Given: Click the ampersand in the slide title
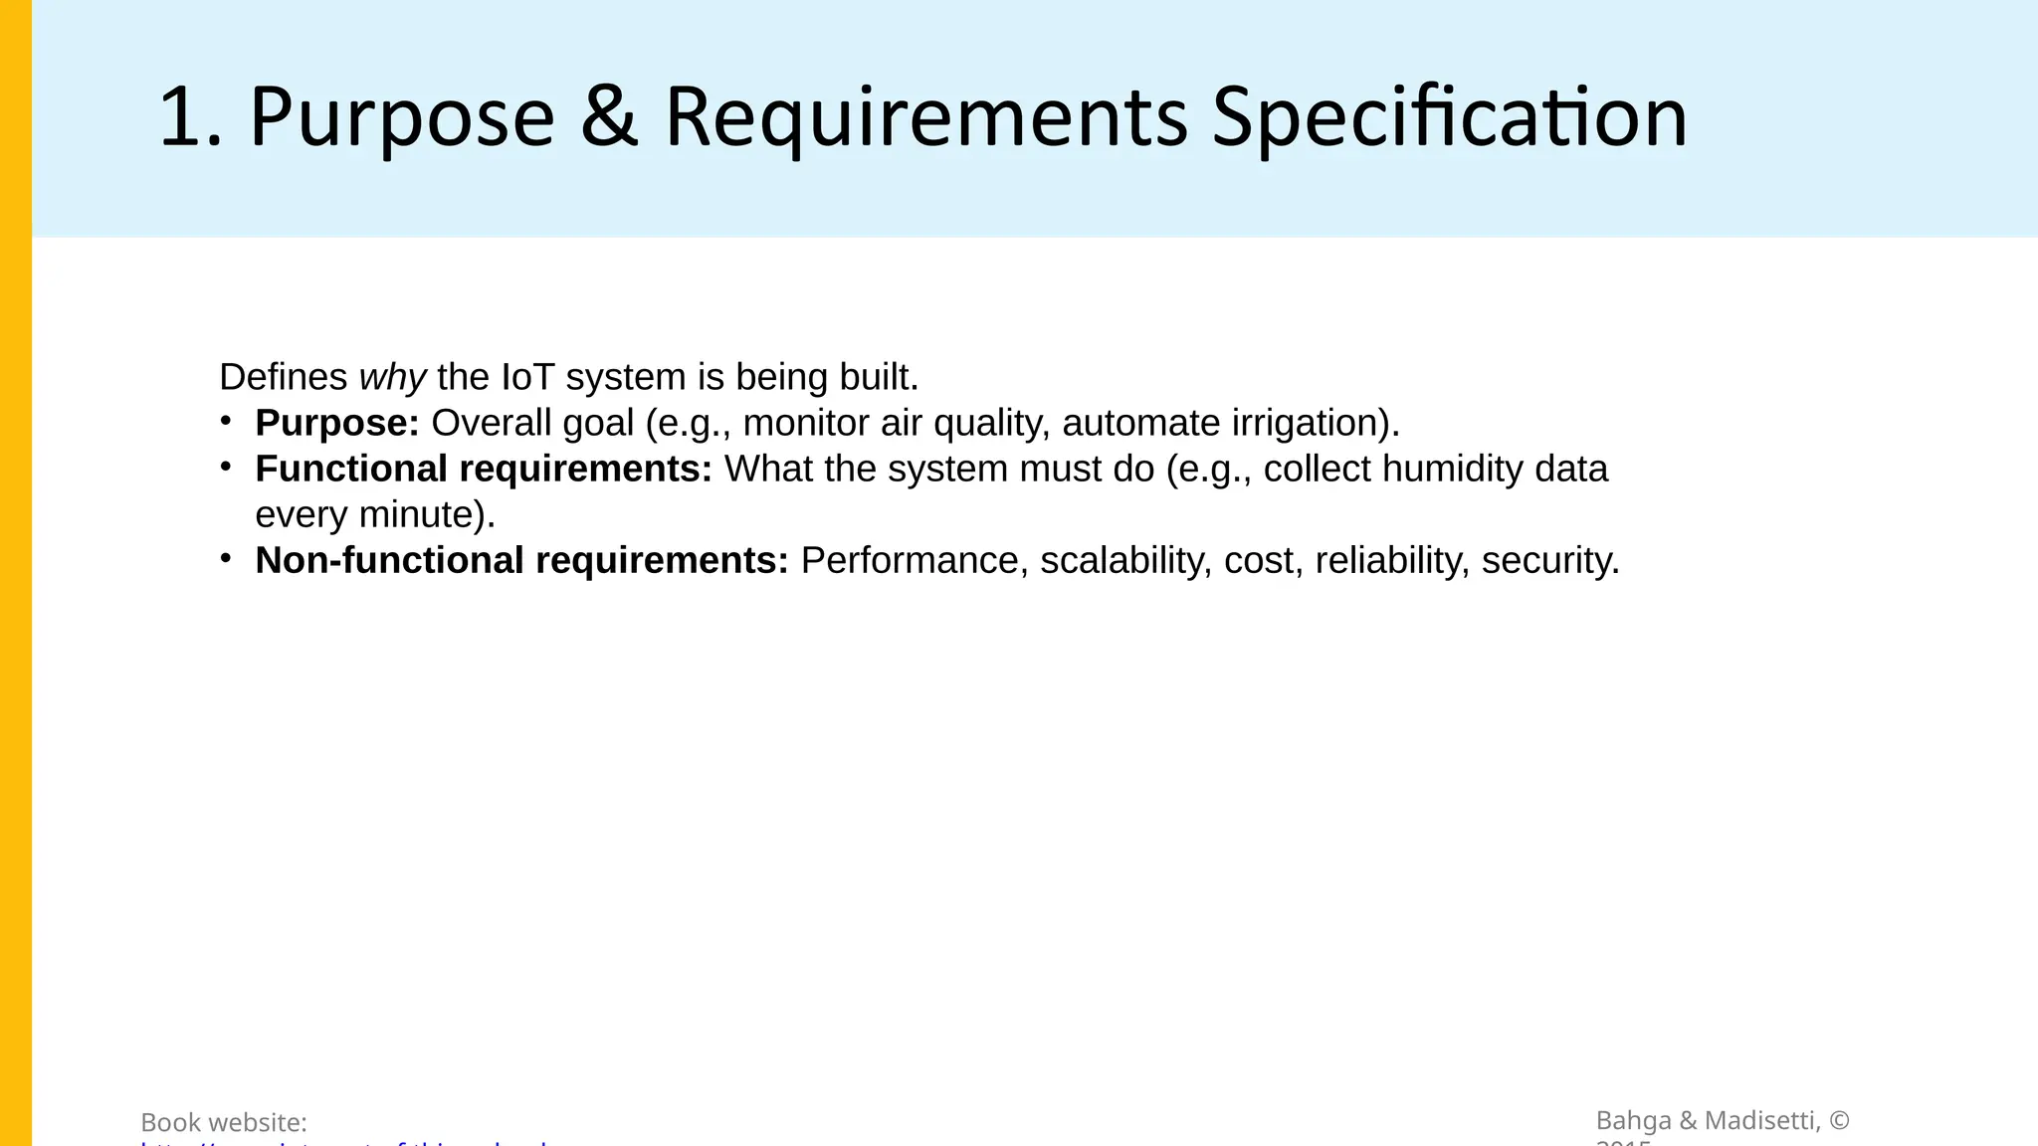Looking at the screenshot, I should [608, 118].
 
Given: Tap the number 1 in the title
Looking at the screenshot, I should [180, 118].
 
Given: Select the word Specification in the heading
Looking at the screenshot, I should [1450, 118].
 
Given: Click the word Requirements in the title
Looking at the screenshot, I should [925, 118].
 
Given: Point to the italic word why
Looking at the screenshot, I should [392, 378].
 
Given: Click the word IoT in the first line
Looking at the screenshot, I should [527, 378].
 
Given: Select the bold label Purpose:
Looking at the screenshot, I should [337, 424].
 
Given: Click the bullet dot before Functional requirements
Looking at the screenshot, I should [226, 466].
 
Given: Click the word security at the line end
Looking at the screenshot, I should [1549, 561].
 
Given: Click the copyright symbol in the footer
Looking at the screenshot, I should [1839, 1121].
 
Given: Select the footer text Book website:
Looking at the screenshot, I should [224, 1123].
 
